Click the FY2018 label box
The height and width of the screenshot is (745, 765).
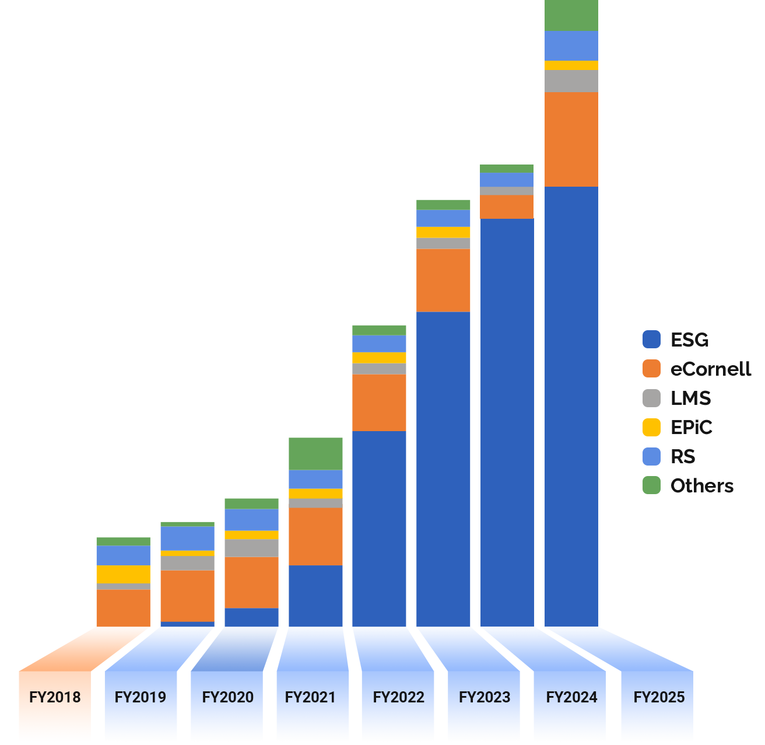55,697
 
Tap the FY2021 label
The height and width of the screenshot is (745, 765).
311,697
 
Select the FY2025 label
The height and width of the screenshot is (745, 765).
659,697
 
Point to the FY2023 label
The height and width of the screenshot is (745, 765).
485,697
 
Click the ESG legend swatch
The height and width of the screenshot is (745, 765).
651,340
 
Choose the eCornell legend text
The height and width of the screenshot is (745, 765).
711,369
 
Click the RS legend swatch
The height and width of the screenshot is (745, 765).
651,456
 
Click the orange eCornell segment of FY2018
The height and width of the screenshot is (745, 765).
123,608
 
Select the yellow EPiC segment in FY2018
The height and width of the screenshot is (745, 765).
123,574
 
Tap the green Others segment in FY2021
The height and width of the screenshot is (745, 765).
315,453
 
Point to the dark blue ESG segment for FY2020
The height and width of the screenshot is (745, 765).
251,617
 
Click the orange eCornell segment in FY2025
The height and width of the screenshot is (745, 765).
571,139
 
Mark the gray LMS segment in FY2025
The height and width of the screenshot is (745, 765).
571,81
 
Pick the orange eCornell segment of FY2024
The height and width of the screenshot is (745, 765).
507,207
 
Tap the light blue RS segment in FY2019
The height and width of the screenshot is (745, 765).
187,538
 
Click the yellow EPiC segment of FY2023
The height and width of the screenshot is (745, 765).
443,232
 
